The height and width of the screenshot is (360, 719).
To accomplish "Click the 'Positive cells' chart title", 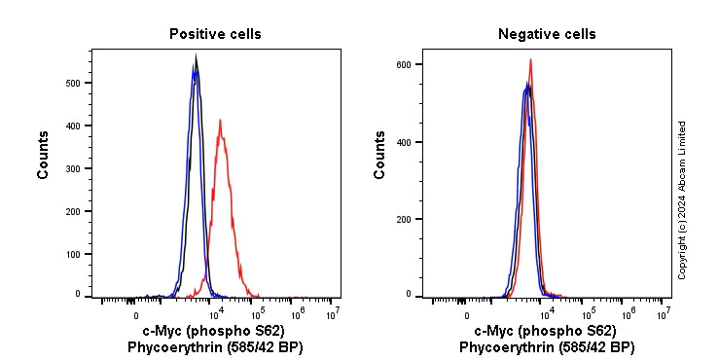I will tap(215, 34).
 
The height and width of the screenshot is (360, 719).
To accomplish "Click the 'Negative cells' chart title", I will tap(547, 34).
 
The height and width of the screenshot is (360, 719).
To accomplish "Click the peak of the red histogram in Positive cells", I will tap(221, 121).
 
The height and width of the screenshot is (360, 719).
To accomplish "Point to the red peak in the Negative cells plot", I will tap(530, 60).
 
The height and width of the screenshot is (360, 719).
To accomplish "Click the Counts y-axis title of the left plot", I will tap(44, 155).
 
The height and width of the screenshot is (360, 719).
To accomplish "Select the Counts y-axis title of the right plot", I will tap(380, 155).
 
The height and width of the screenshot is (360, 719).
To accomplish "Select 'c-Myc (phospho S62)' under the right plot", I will tap(545, 332).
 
